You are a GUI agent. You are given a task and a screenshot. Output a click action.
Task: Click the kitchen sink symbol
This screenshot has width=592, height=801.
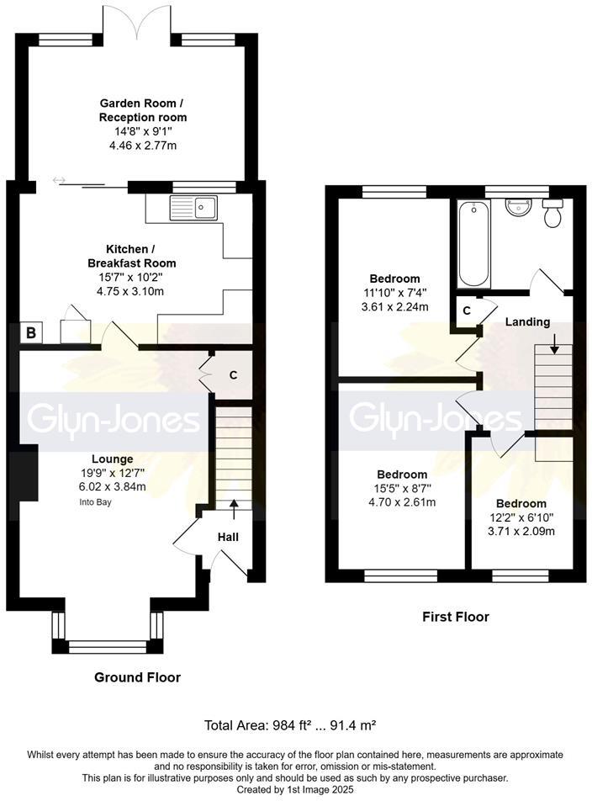(193, 206)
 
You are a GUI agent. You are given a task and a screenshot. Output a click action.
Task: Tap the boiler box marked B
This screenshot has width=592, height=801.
(31, 333)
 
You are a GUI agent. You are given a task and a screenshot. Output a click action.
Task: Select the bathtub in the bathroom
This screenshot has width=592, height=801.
(473, 244)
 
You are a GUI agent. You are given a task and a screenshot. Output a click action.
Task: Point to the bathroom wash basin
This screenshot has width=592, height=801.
(516, 206)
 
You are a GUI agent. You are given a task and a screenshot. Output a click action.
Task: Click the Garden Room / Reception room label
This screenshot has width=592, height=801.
(142, 111)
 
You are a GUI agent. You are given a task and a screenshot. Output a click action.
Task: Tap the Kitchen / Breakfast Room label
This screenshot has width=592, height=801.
(140, 257)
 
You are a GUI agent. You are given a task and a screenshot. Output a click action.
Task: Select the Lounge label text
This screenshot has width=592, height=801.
(113, 459)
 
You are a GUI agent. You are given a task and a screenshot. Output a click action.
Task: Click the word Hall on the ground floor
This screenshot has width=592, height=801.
(229, 535)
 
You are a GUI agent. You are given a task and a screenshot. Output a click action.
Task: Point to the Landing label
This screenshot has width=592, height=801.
(527, 321)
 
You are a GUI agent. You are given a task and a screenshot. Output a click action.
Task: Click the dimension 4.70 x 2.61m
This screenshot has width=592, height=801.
(401, 502)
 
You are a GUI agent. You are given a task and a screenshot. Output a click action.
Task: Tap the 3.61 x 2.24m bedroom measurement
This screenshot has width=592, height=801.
(395, 306)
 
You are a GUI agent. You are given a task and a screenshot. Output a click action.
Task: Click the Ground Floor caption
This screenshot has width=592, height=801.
(137, 677)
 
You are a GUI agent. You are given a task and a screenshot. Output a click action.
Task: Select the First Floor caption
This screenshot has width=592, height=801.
(455, 617)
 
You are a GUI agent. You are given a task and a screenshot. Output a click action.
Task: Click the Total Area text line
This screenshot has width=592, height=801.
(296, 725)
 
